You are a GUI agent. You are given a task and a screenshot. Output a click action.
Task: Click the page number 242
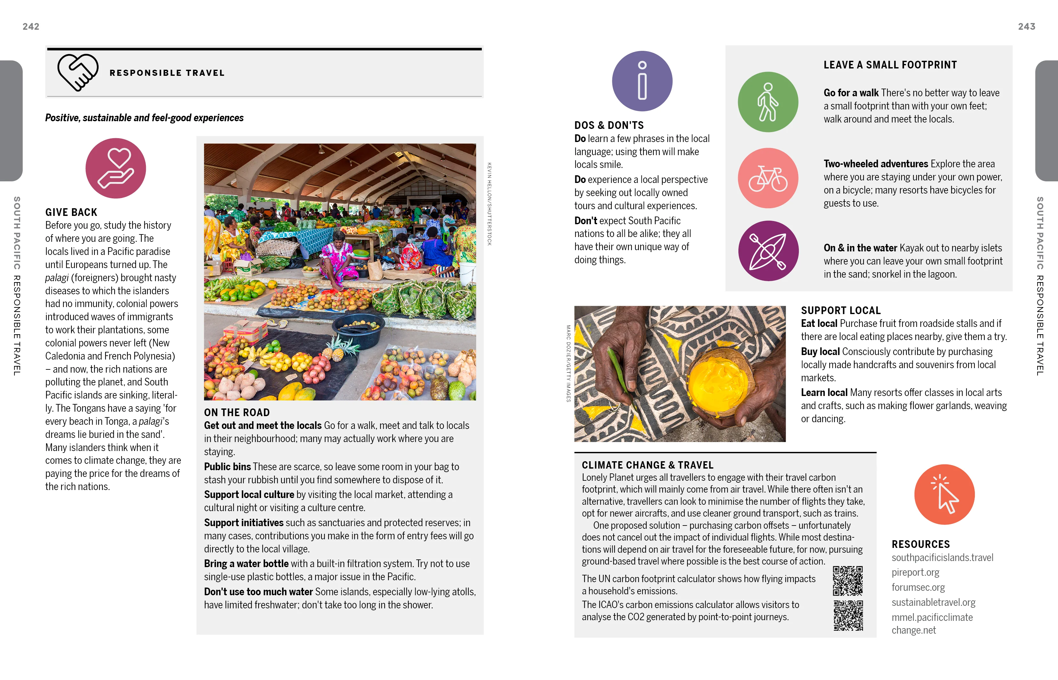pyautogui.click(x=31, y=27)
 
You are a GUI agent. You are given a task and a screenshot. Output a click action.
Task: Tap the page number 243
pyautogui.click(x=1026, y=27)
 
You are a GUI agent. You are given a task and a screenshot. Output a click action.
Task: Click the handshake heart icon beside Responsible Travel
pyautogui.click(x=78, y=72)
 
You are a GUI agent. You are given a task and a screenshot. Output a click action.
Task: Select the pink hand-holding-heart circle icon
pyautogui.click(x=116, y=168)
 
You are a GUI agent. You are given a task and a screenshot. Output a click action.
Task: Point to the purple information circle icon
pyautogui.click(x=642, y=81)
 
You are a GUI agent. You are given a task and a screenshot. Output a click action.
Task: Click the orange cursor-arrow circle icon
pyautogui.click(x=944, y=494)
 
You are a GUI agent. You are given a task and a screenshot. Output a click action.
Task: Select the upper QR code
pyautogui.click(x=847, y=581)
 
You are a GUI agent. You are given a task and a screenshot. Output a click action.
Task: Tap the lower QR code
pyautogui.click(x=848, y=615)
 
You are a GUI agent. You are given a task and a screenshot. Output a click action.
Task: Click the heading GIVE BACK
pyautogui.click(x=71, y=212)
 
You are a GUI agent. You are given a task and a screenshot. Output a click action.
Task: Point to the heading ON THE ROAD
pyautogui.click(x=237, y=412)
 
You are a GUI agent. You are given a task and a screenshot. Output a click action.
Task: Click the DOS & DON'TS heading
pyautogui.click(x=609, y=125)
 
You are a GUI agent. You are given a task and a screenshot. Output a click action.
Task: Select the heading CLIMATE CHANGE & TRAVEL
pyautogui.click(x=647, y=465)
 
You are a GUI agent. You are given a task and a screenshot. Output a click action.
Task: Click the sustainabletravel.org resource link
pyautogui.click(x=933, y=602)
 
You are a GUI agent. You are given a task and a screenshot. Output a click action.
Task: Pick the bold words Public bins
pyautogui.click(x=227, y=467)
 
